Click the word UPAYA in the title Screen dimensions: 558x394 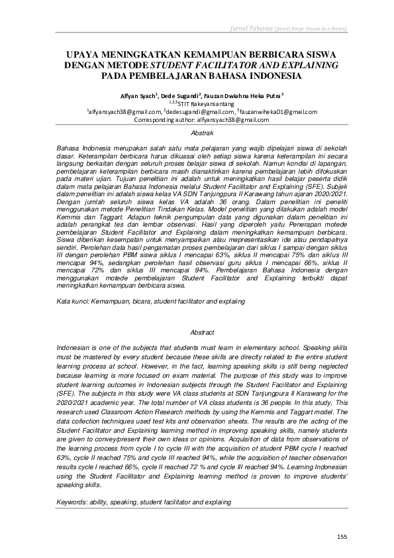click(87, 54)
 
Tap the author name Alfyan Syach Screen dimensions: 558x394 click(135, 95)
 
